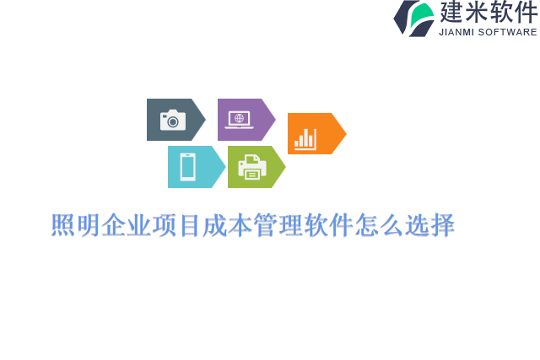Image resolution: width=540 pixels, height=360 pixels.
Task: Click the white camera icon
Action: (x=173, y=120)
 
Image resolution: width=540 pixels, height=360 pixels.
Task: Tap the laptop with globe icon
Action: (x=239, y=120)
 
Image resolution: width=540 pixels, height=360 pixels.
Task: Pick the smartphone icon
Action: (x=187, y=167)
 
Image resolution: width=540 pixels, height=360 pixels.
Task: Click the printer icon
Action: (x=252, y=167)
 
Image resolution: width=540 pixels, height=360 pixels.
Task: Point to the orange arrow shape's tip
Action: (x=345, y=134)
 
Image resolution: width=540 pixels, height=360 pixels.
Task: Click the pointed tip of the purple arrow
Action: (x=275, y=120)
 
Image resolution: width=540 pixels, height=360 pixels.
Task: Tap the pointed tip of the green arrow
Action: (x=285, y=167)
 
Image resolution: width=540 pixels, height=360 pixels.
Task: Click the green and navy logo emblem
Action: (x=413, y=18)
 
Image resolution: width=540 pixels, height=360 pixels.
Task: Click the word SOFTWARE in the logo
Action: (x=508, y=32)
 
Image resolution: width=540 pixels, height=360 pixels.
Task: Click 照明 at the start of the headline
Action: (x=76, y=226)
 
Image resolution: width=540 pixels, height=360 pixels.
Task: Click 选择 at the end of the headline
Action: (x=430, y=226)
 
